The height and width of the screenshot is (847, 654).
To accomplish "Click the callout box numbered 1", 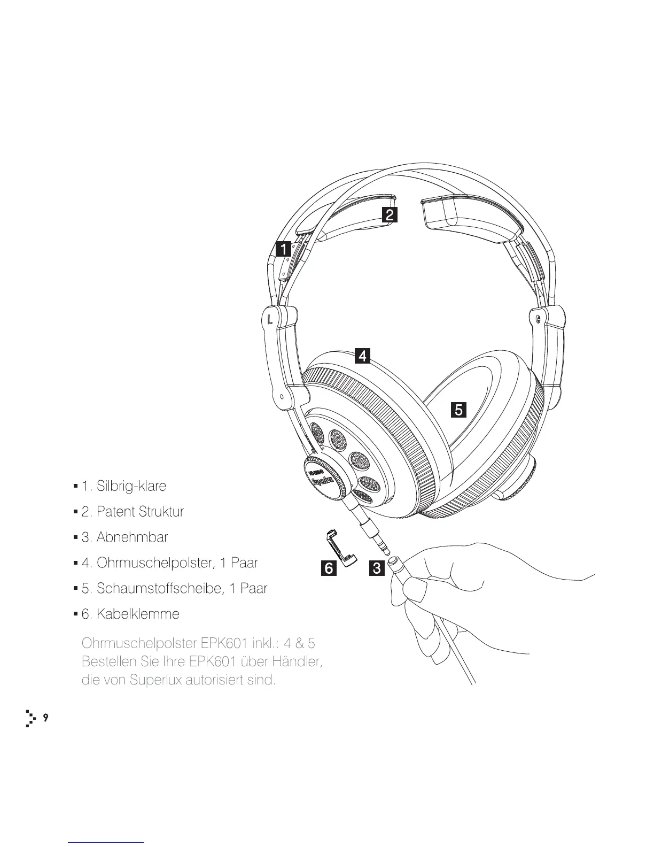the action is [x=283, y=249].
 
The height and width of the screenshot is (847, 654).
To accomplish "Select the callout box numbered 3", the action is [x=376, y=568].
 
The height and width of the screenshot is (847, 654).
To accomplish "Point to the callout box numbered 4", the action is [x=363, y=356].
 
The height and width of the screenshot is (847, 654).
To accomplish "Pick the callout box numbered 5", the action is [x=458, y=410].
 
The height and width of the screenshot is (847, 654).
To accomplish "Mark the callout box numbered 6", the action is [x=329, y=568].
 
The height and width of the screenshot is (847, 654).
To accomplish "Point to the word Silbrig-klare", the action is [x=131, y=486].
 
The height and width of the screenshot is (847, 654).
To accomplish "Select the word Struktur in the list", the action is [x=161, y=512].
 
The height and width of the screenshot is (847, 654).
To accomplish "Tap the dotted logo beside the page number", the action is [x=30, y=719].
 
